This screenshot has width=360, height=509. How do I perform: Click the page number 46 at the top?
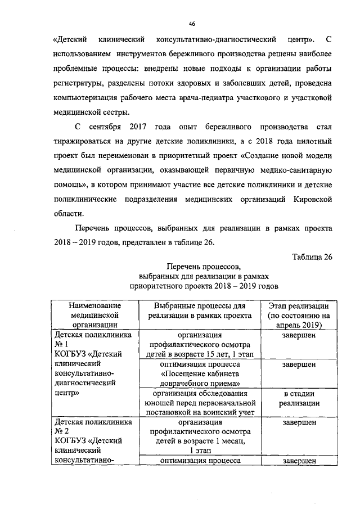tap(192, 24)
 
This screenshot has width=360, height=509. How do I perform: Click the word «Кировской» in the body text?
tap(308, 199)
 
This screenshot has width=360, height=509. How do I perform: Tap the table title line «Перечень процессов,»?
tap(202, 266)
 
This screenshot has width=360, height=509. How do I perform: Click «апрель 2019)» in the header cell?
tap(299, 325)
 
